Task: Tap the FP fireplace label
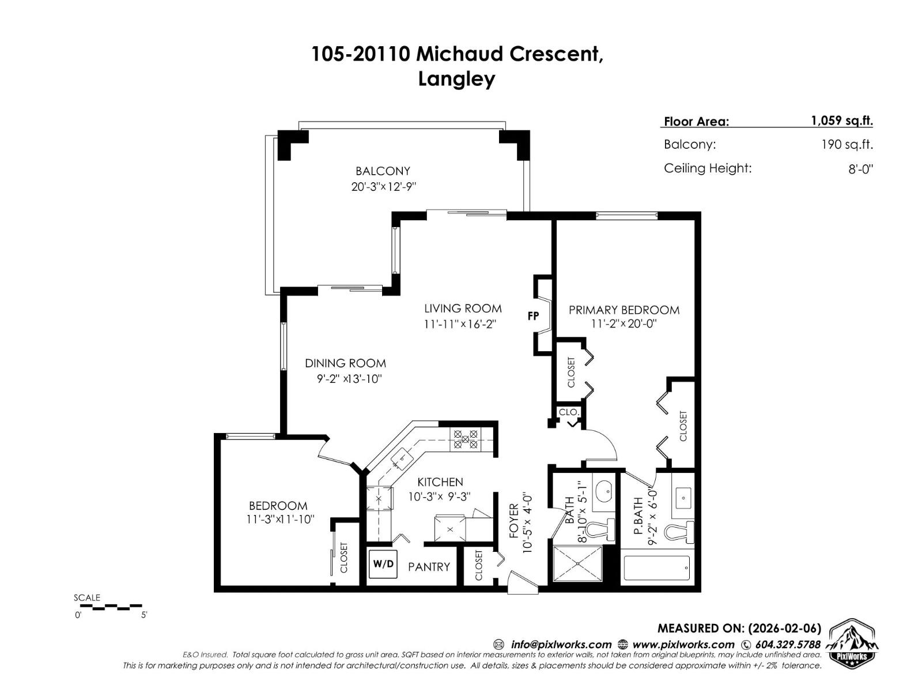[x=533, y=316]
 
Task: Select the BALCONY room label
[x=383, y=171]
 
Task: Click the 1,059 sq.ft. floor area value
[x=842, y=121]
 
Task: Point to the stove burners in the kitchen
[x=464, y=439]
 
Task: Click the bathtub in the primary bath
[x=657, y=568]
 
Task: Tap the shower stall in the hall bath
[x=577, y=563]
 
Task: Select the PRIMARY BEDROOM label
[x=624, y=310]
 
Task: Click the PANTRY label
[x=429, y=567]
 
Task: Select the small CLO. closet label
[x=569, y=412]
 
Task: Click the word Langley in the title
[x=456, y=78]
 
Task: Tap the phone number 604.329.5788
[x=788, y=644]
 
